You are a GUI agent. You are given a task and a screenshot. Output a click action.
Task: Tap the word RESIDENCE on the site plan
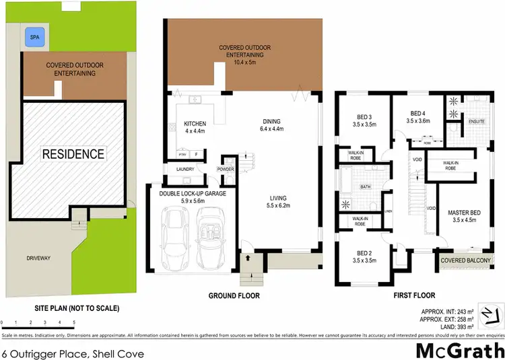(74, 153)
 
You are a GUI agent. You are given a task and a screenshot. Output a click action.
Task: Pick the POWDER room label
(226, 169)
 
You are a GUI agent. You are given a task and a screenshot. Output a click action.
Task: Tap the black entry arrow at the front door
(248, 257)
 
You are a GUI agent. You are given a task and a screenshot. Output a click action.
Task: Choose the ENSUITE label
(477, 121)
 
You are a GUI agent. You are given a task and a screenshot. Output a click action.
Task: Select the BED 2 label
(362, 255)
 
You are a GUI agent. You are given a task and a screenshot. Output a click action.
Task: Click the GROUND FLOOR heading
(234, 295)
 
